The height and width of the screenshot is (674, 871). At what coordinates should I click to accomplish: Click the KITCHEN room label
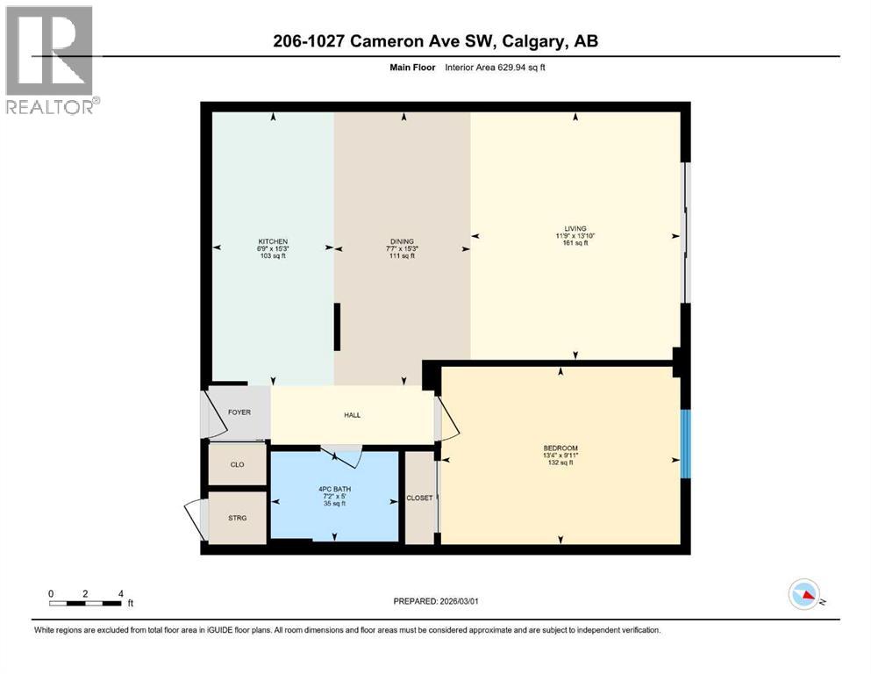(273, 241)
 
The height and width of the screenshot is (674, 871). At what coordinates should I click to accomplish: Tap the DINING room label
(402, 241)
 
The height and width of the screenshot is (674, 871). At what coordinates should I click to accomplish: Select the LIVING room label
(575, 228)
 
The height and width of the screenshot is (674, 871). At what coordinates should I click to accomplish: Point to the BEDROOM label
(560, 448)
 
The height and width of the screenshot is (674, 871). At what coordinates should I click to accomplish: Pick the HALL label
(352, 415)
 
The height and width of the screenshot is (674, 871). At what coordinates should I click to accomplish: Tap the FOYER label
(239, 412)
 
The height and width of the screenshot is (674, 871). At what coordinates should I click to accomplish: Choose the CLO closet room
(237, 464)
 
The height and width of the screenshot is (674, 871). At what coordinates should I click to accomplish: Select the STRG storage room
(237, 518)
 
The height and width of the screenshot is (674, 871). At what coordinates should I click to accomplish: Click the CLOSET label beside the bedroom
(419, 498)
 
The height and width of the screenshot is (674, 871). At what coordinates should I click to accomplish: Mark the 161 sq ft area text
(575, 243)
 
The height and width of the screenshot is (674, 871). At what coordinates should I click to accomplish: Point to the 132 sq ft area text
(560, 462)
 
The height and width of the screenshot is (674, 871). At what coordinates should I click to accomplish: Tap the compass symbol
(803, 595)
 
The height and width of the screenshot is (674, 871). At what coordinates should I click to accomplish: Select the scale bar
(86, 602)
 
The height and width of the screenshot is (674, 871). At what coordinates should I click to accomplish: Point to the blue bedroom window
(686, 444)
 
